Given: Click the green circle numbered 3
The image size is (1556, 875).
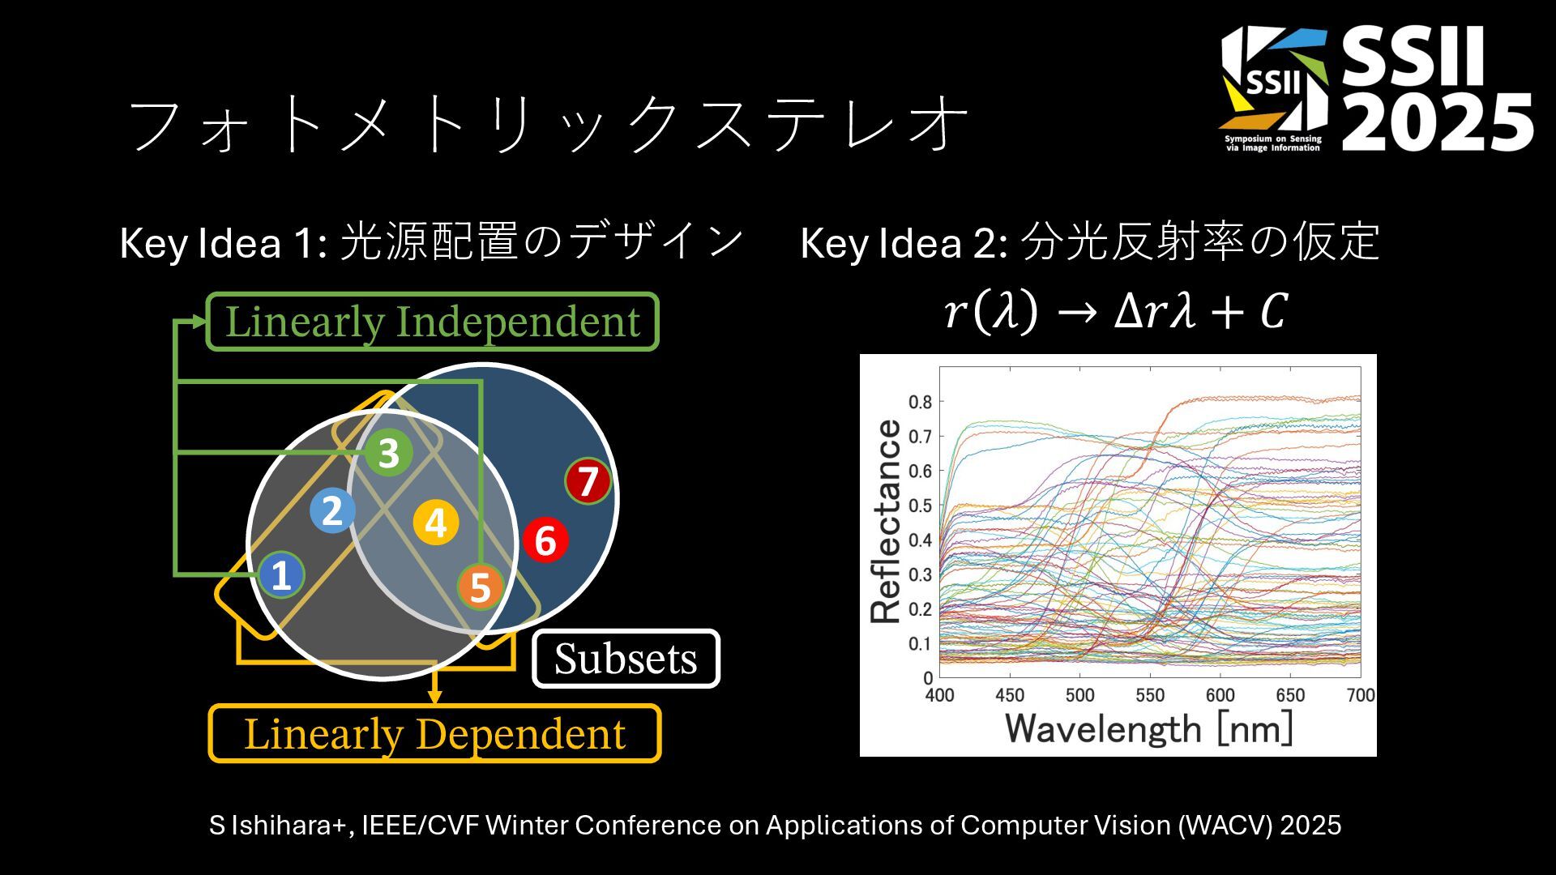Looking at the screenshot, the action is point(388,452).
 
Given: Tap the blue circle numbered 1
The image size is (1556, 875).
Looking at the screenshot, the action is point(281,574).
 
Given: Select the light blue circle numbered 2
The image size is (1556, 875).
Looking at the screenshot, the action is point(332,510).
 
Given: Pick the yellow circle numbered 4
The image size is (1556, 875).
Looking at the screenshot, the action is point(436,522).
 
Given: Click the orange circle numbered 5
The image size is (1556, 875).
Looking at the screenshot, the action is point(480,587).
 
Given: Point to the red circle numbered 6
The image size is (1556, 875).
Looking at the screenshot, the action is point(545,540).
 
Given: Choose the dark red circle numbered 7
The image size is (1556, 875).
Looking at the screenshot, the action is point(588,481).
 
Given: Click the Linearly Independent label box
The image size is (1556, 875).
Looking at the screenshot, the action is point(432,322).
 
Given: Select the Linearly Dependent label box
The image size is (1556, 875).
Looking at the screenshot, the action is point(435,734).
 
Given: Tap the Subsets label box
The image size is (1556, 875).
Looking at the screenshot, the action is point(626,659).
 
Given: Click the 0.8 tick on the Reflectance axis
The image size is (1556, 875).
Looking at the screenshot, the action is point(920,402).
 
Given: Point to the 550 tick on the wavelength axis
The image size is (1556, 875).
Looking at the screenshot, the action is point(1149,695).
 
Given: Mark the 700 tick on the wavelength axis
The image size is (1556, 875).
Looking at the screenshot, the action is point(1360,695).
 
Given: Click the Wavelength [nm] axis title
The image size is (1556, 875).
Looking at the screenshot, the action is point(1148,728).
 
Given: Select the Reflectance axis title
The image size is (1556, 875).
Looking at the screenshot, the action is point(886,521).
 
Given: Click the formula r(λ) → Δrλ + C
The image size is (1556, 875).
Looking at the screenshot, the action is point(1115,311).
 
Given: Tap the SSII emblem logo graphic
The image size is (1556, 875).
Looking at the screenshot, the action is point(1274,89).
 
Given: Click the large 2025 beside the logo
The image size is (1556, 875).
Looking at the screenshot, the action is point(1438,122).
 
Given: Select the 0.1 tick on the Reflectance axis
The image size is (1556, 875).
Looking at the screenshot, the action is point(920,643).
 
